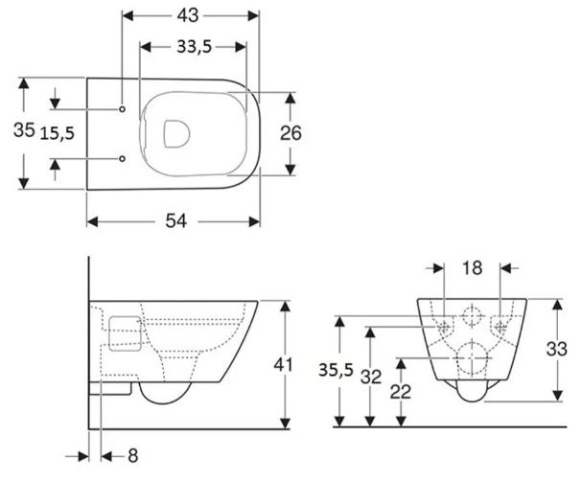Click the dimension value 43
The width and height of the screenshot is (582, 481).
188,15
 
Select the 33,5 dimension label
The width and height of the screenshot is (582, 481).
194,47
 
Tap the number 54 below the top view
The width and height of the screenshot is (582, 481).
175,221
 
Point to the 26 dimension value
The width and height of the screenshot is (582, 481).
291,133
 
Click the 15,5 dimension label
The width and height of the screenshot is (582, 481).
58,133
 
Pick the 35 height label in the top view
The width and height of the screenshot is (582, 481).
24,129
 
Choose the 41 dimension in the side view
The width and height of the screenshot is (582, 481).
283,364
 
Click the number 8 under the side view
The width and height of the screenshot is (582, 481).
133,455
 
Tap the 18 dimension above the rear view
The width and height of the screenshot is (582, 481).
472,267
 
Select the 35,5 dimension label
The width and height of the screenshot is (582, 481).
336,370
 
